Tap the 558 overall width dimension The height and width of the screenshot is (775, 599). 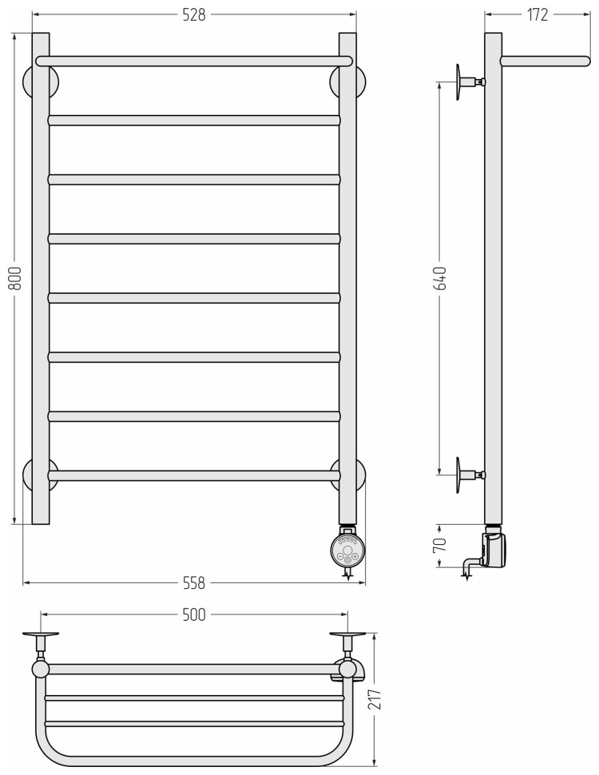194,583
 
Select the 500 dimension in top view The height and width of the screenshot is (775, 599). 194,614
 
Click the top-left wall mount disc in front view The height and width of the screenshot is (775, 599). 40,81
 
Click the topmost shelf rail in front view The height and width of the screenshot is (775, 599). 194,61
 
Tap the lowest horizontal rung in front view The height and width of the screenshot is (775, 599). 194,475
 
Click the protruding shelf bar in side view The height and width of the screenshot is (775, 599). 545,61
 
